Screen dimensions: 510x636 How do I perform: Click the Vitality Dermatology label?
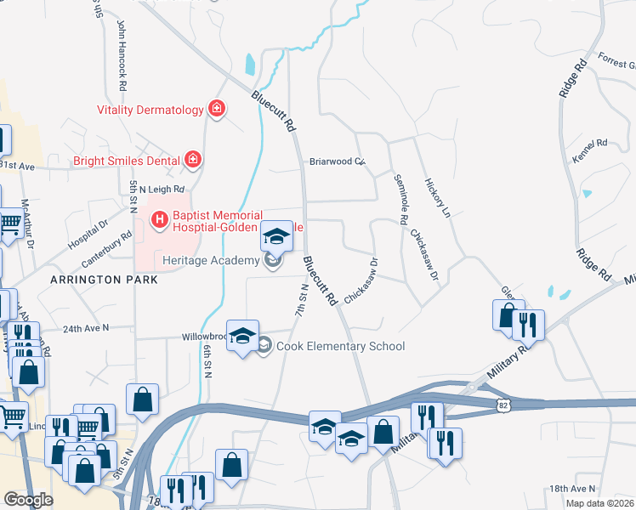point(150,110)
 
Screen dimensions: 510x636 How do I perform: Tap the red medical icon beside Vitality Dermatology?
point(217,110)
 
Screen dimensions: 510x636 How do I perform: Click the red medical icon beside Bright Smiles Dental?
point(193,160)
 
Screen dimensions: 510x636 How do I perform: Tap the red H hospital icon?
point(158,221)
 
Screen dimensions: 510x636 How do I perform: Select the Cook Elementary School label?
point(340,346)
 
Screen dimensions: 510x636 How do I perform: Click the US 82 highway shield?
point(503,406)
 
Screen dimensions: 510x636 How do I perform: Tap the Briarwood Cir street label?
point(336,161)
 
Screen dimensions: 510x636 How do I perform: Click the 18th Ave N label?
point(572,489)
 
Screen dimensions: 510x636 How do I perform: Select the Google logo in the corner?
point(28,499)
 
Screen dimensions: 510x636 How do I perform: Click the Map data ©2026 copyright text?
point(599,503)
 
